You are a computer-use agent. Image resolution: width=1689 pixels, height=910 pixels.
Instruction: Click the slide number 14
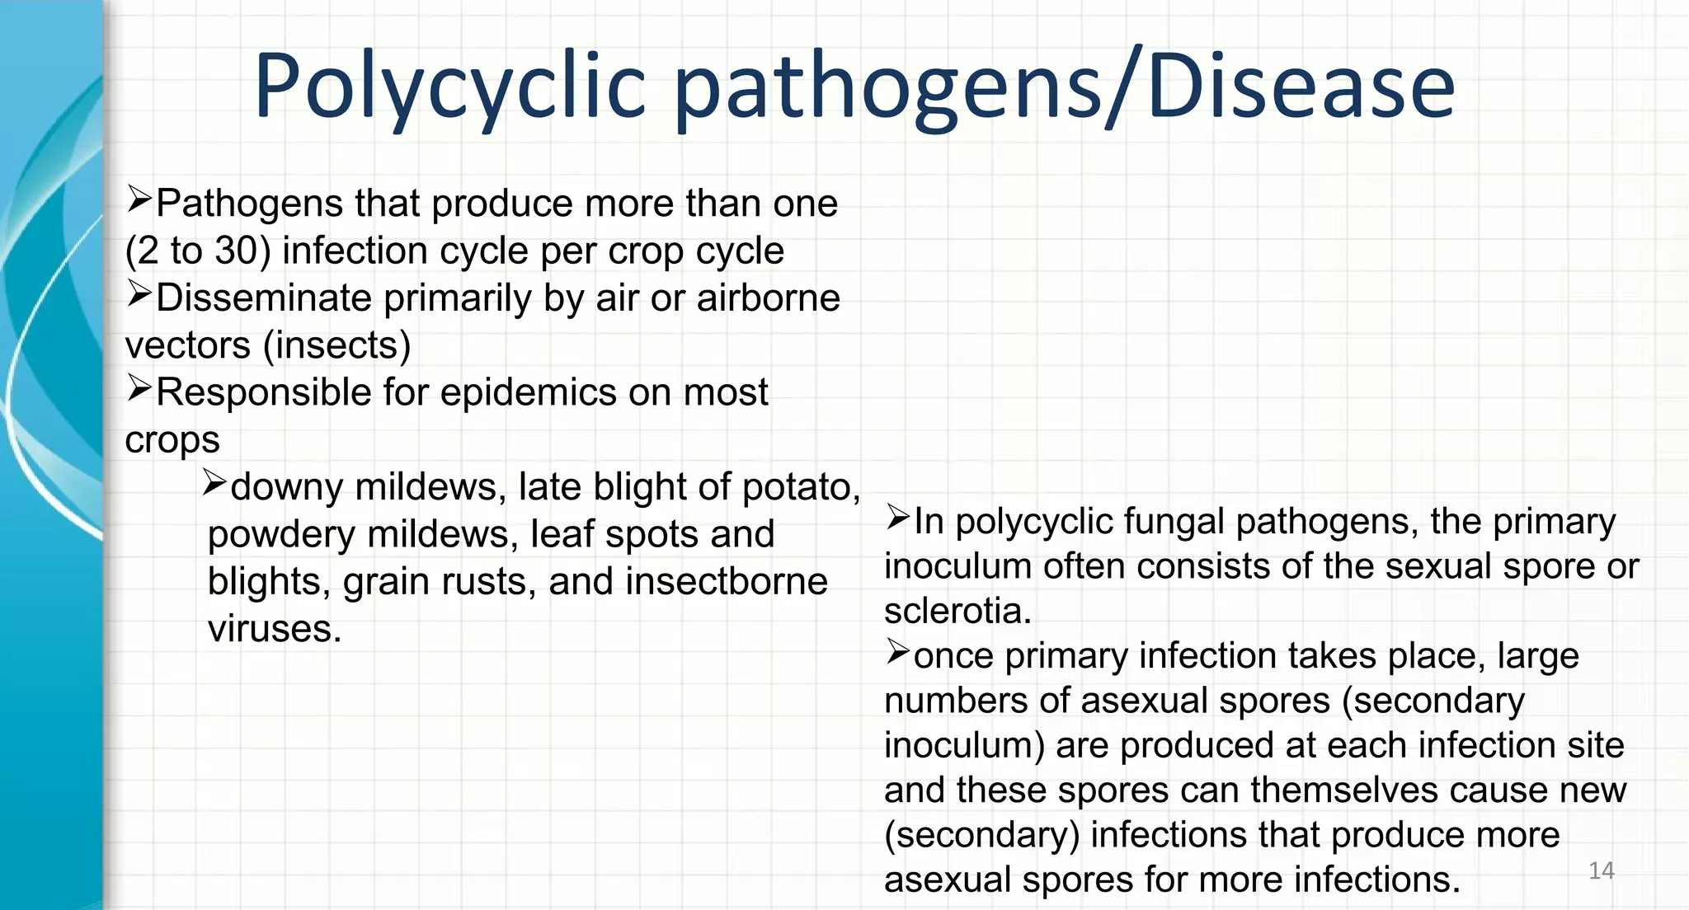pos(1601,870)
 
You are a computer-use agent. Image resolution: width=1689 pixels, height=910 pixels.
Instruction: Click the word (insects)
pos(336,345)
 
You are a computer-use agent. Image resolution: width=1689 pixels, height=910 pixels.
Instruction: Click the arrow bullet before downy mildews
pos(215,482)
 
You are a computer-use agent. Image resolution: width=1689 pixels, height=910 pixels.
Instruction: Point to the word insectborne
pos(727,582)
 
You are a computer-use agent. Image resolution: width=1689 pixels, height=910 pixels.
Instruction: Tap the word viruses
pos(275,629)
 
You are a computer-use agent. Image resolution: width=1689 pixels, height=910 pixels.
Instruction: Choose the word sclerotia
pos(957,612)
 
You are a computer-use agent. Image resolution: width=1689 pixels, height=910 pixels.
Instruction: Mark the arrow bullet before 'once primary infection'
pos(897,652)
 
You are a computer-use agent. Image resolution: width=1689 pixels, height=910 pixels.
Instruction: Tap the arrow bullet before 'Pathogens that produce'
pos(139,199)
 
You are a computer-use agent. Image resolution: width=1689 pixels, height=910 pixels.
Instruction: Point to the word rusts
pos(496,582)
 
